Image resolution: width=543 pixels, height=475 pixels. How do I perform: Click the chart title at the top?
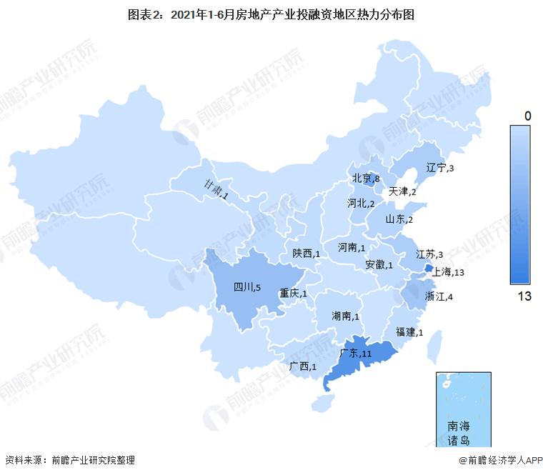tap(271, 14)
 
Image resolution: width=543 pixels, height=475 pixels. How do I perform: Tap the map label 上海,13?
tap(449, 272)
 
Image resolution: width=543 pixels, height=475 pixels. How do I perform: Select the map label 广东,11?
tap(356, 354)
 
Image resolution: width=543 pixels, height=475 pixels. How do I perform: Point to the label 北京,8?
tap(365, 179)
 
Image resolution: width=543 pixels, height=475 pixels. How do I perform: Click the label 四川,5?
tap(248, 288)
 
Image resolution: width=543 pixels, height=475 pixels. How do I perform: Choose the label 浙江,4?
tap(439, 296)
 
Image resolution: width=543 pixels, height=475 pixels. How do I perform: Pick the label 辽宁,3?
tap(440, 168)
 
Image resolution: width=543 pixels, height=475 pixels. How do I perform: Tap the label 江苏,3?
tap(430, 254)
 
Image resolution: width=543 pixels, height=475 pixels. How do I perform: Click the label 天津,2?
tap(402, 192)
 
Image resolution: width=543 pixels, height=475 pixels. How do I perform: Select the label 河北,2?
tap(361, 204)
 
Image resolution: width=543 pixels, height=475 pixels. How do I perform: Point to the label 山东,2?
tap(399, 219)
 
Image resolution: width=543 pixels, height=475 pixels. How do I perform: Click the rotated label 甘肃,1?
tap(216, 189)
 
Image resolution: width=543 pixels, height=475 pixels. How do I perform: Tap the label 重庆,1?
tap(294, 293)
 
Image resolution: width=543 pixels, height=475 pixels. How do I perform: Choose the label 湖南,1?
tap(346, 316)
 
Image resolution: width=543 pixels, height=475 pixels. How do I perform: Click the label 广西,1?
tap(304, 366)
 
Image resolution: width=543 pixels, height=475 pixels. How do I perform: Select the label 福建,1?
tap(409, 332)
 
